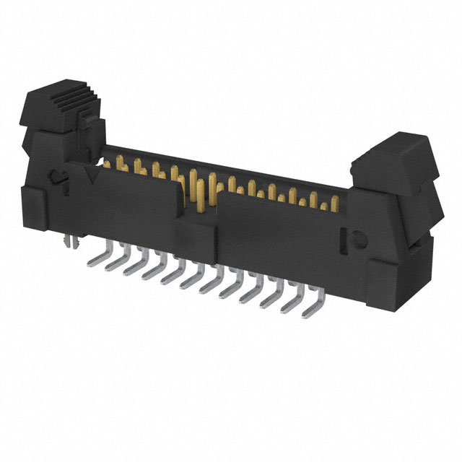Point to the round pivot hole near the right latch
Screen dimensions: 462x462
[354, 239]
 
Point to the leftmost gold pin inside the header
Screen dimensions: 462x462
[108, 163]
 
